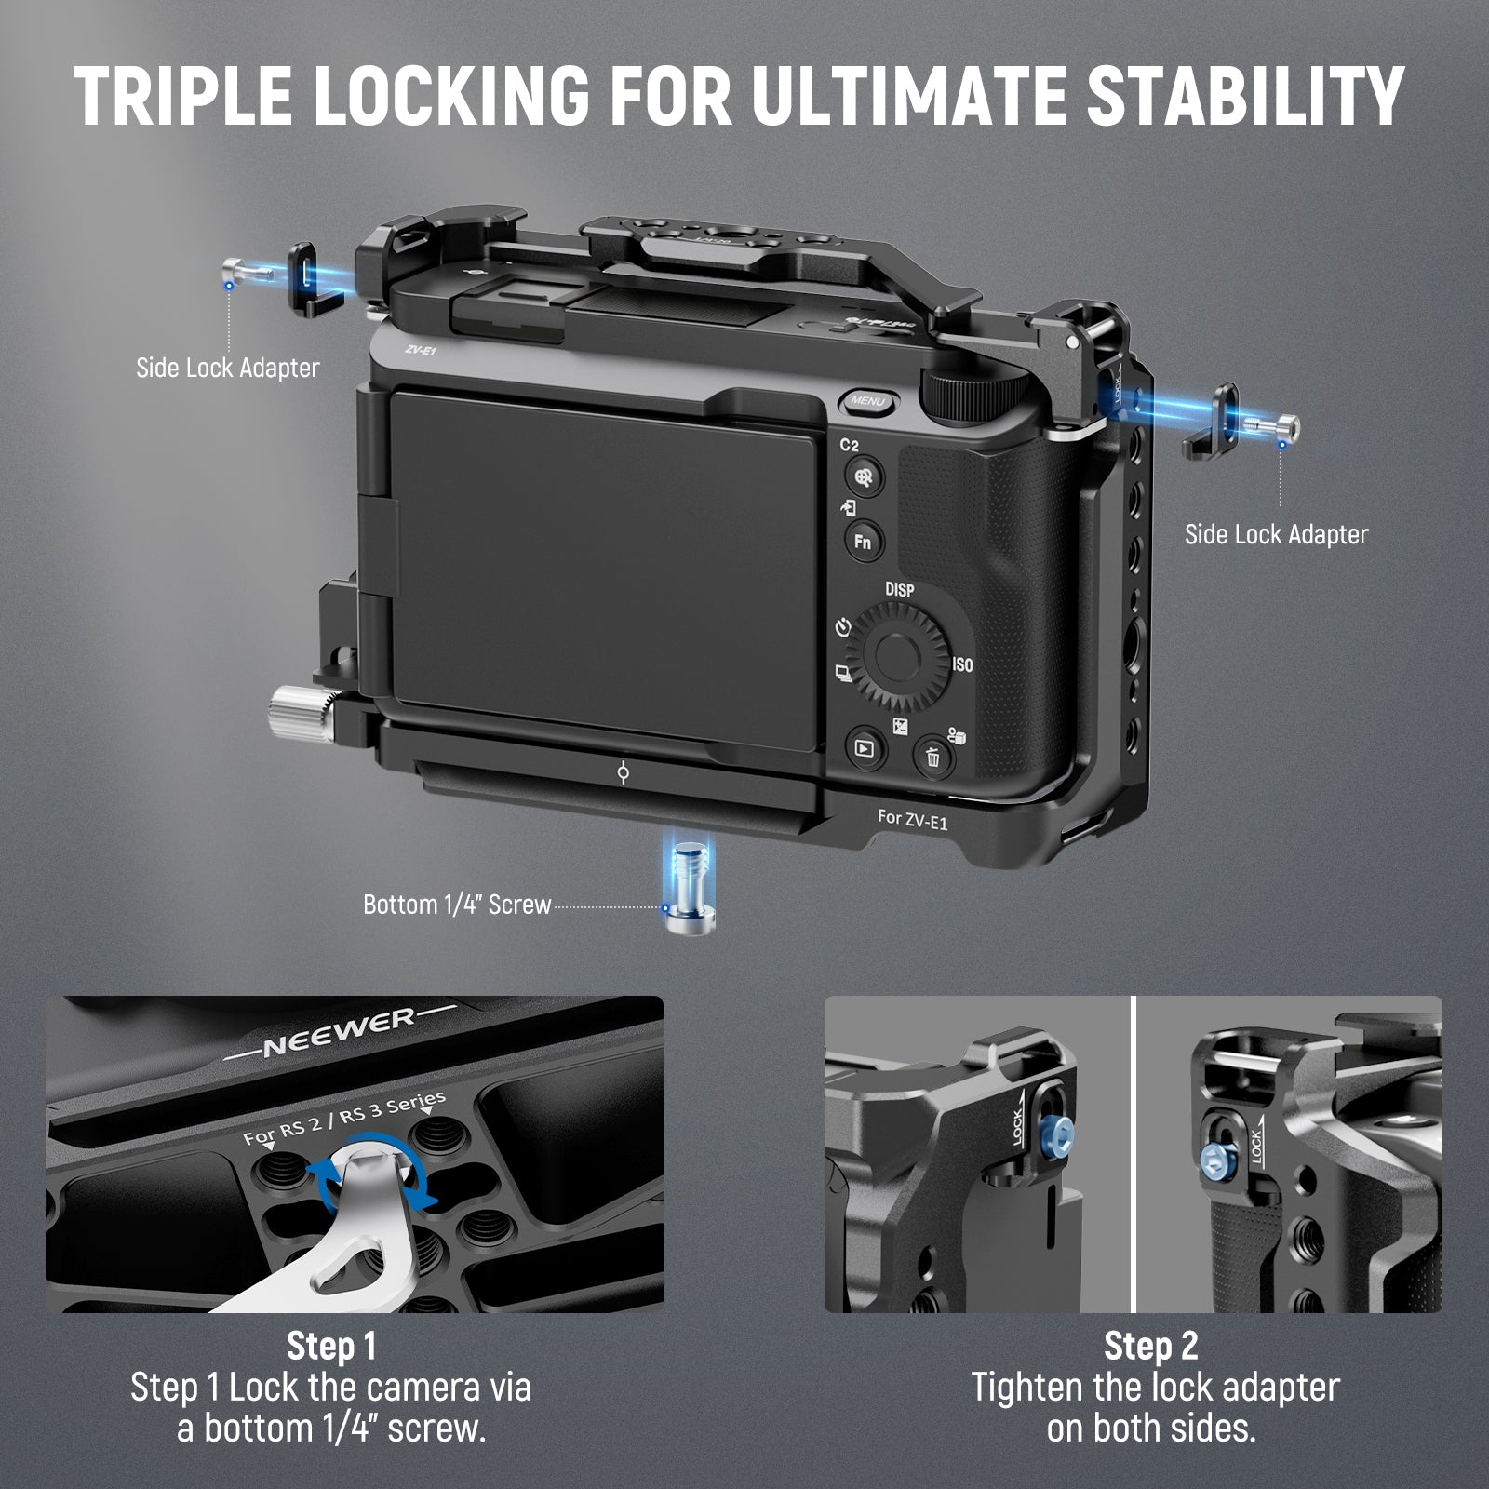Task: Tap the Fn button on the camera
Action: click(863, 541)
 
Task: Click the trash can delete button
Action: click(932, 757)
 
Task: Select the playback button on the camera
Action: click(865, 746)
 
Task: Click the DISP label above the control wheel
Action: click(899, 590)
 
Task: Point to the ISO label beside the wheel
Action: click(962, 664)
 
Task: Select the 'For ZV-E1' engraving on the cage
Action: click(912, 819)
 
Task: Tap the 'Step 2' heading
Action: click(1150, 1346)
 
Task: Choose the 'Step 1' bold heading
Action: click(331, 1346)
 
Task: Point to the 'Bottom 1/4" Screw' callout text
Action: click(457, 905)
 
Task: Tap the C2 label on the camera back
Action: click(850, 446)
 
